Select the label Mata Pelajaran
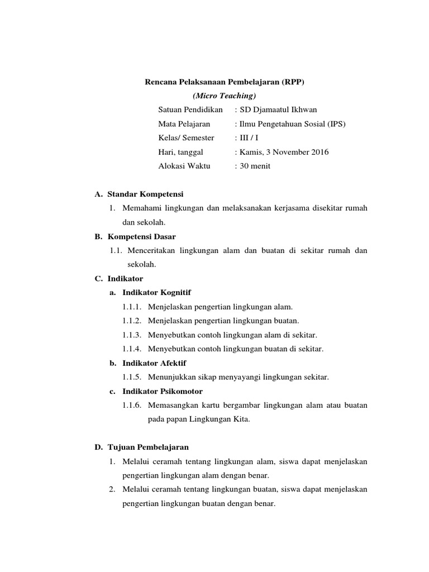184,124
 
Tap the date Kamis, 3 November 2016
284,152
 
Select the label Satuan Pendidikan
190,109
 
